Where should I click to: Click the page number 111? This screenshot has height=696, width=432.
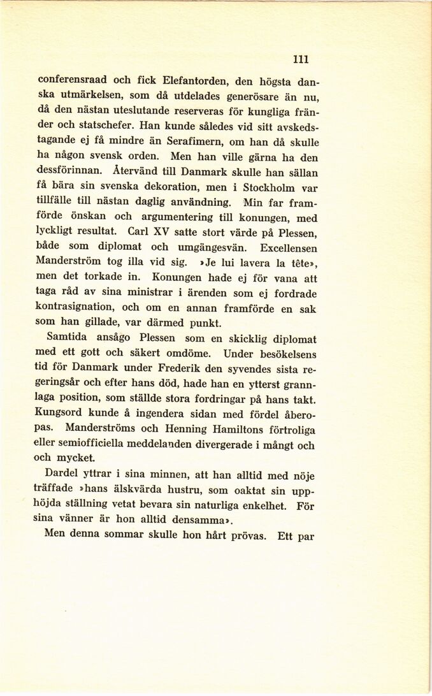click(301, 59)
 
